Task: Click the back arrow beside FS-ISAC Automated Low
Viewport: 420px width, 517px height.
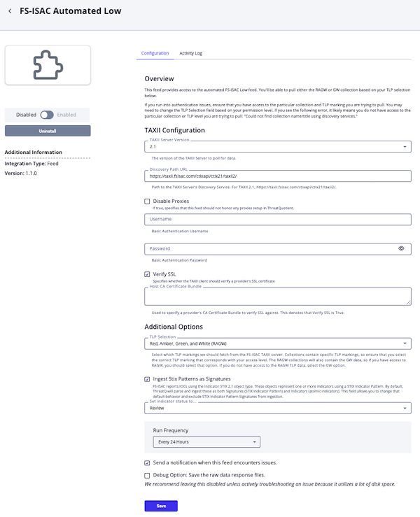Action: (x=10, y=11)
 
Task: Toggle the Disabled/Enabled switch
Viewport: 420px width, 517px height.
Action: (x=48, y=115)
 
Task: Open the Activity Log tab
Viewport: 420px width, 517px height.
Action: (x=190, y=53)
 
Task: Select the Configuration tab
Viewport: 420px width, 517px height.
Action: (x=155, y=53)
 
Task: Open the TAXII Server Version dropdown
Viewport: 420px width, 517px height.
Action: (x=277, y=147)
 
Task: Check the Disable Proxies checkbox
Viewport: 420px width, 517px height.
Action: (x=148, y=201)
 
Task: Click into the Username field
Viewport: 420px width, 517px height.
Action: (x=277, y=220)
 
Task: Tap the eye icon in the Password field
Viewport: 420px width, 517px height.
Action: (x=402, y=248)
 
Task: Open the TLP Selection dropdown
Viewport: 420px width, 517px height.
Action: (x=277, y=344)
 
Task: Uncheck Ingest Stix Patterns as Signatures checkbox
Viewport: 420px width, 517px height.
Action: (x=148, y=378)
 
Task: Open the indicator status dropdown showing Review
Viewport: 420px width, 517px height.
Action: (x=277, y=408)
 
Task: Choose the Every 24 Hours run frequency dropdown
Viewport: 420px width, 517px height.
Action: (x=206, y=441)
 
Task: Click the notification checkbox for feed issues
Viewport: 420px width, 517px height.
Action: (x=148, y=462)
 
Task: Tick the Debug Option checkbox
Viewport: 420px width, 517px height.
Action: (x=148, y=475)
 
